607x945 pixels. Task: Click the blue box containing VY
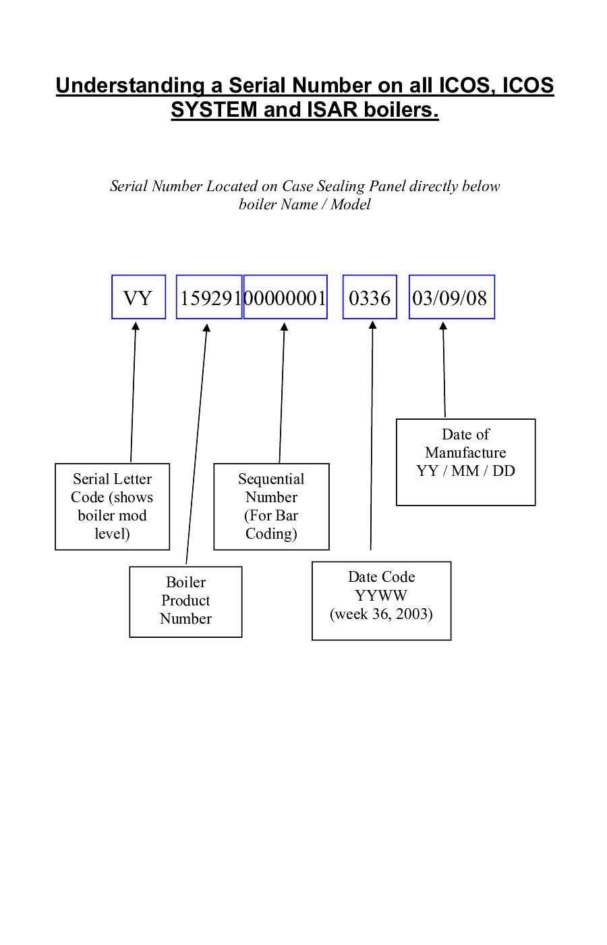[x=138, y=297]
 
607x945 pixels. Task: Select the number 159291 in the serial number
[x=209, y=298]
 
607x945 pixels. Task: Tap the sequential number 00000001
[x=285, y=298]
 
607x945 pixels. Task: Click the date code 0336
[x=370, y=298]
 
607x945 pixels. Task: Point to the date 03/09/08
[x=451, y=298]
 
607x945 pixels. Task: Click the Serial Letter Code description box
[x=112, y=506]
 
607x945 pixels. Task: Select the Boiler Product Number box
[x=185, y=601]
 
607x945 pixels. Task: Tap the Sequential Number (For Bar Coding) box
[x=271, y=506]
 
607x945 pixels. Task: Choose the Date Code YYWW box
[x=381, y=600]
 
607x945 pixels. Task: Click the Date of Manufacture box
[x=465, y=462]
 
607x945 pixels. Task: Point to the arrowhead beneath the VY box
[x=136, y=326]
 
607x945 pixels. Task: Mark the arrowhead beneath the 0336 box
[x=372, y=325]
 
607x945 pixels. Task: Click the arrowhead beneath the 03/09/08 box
[x=443, y=326]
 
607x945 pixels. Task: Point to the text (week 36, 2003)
[x=381, y=614]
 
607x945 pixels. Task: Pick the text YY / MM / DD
[x=465, y=471]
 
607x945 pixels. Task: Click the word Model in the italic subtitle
[x=351, y=205]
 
